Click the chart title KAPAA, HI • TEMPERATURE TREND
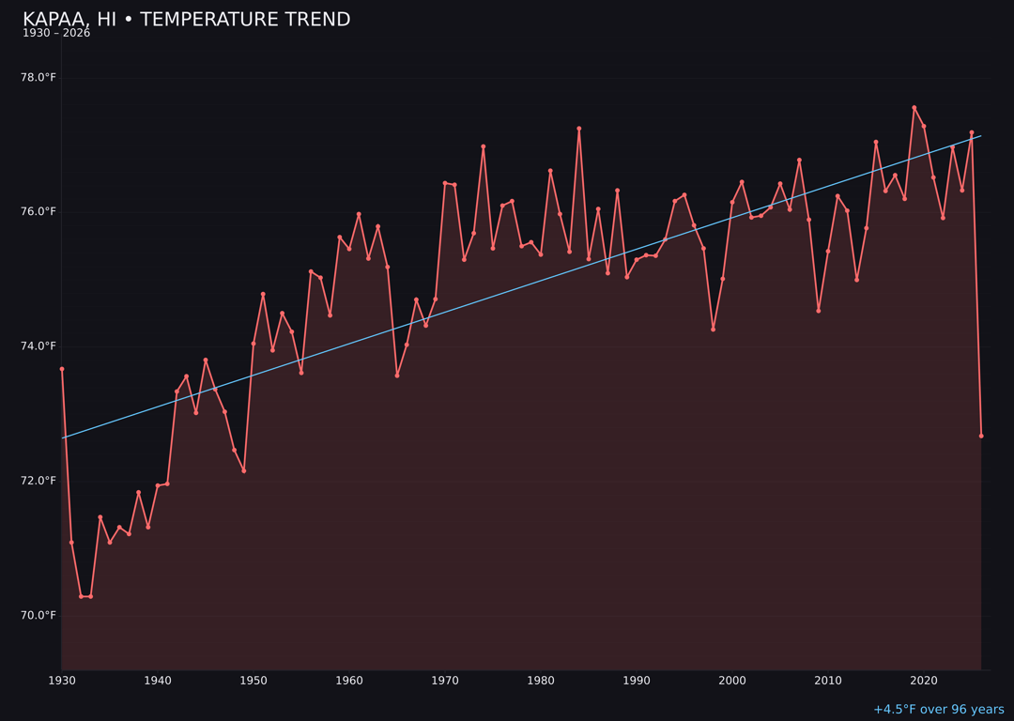click(x=186, y=20)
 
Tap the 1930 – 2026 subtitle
click(x=56, y=33)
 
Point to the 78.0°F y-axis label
click(x=38, y=77)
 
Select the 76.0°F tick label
click(x=38, y=211)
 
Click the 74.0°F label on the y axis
click(x=38, y=346)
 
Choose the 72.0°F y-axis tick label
click(x=38, y=481)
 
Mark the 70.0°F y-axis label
click(x=38, y=615)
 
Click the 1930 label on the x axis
click(x=62, y=680)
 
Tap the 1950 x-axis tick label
click(x=253, y=680)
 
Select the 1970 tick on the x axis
click(x=445, y=680)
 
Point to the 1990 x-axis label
click(x=637, y=680)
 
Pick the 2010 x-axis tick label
click(x=828, y=680)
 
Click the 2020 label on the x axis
click(x=924, y=680)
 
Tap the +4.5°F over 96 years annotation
click(x=938, y=710)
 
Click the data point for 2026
click(x=981, y=436)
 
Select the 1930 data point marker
click(x=62, y=369)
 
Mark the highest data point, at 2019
click(x=914, y=108)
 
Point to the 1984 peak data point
click(x=579, y=129)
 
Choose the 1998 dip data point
click(x=713, y=330)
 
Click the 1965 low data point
click(x=397, y=376)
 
